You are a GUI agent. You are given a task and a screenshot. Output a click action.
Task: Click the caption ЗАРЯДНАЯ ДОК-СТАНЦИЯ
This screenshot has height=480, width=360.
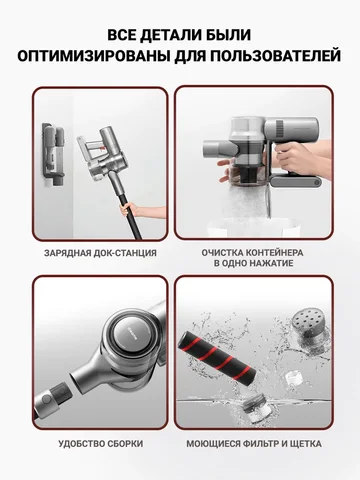(x=100, y=253)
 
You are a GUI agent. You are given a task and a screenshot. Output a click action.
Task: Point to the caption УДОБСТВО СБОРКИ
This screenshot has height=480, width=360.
(x=101, y=444)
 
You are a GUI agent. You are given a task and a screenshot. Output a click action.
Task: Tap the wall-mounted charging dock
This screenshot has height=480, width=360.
(x=53, y=154)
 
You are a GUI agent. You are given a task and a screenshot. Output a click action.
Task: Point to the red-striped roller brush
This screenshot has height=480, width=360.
(x=218, y=359)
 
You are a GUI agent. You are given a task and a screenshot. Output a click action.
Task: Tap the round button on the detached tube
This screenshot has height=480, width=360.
(x=47, y=399)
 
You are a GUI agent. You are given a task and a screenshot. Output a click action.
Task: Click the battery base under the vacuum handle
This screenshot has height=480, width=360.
(x=295, y=182)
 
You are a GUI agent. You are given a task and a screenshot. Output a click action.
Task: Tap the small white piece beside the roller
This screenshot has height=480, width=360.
(x=293, y=379)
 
